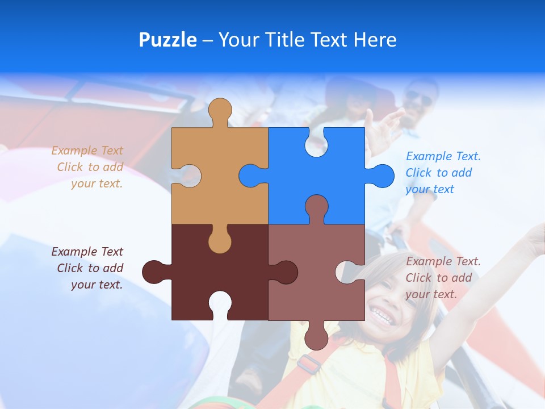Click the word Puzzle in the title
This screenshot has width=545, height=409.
(x=167, y=40)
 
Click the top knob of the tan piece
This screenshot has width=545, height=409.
(x=220, y=111)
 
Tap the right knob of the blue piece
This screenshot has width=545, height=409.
(x=382, y=176)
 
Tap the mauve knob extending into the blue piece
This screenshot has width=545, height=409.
(x=316, y=207)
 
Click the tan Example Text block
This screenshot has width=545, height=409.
(x=88, y=167)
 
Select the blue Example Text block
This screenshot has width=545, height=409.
(x=443, y=173)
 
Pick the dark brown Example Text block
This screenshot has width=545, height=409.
(x=88, y=268)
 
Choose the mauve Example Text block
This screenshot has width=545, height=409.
(x=443, y=278)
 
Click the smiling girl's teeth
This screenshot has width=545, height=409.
(x=382, y=316)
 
